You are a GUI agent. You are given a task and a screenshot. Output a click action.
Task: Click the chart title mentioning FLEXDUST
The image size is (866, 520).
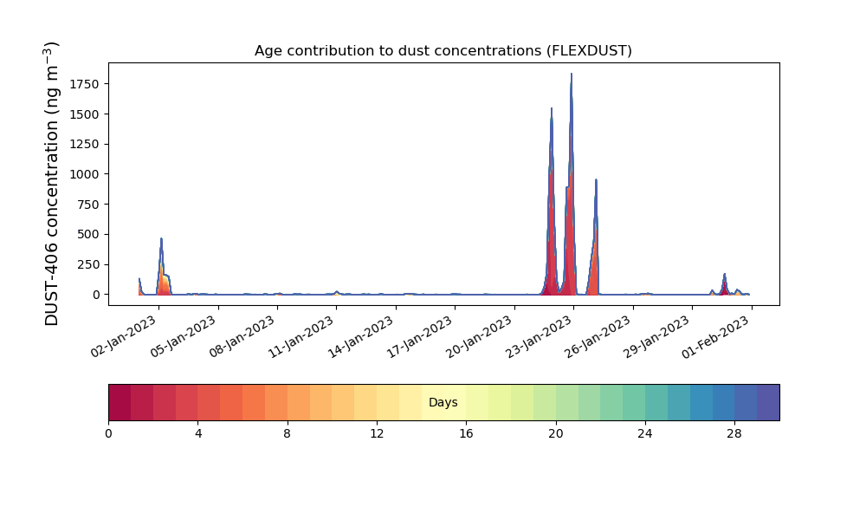(x=443, y=51)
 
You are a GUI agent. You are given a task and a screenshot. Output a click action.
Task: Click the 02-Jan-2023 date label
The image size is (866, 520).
(x=124, y=337)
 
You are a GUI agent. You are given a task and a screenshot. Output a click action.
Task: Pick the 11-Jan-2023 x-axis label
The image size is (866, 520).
(x=302, y=337)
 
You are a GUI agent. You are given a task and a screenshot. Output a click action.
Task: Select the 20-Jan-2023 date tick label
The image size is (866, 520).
(x=480, y=337)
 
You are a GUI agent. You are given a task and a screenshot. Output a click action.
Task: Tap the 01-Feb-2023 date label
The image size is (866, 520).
(x=716, y=337)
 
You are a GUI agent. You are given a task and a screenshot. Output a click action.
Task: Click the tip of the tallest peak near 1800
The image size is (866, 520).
(x=572, y=74)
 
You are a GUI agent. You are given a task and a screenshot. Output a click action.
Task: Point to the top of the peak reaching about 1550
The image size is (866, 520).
(x=551, y=108)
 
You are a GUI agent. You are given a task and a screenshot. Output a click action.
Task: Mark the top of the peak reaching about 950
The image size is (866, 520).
(x=596, y=179)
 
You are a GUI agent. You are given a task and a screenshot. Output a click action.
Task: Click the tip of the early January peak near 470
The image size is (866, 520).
(x=161, y=238)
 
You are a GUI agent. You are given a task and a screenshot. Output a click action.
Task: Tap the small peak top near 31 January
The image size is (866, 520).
(x=725, y=274)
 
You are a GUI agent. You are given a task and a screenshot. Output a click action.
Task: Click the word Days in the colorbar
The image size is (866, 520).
(x=443, y=402)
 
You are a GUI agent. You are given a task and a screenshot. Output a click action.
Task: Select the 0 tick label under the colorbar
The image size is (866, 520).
(x=108, y=434)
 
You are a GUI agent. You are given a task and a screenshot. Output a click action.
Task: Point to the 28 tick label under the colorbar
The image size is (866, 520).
(x=734, y=434)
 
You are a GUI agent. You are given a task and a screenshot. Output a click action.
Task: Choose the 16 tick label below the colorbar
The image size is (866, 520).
(x=466, y=434)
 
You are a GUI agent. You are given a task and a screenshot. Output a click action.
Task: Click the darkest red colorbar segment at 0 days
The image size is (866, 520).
(x=120, y=402)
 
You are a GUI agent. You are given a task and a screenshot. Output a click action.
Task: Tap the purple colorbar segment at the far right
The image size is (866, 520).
(x=768, y=402)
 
